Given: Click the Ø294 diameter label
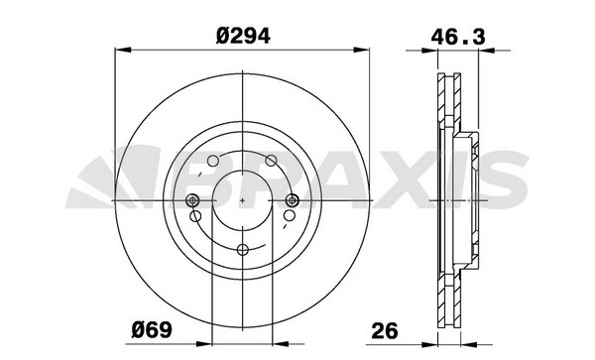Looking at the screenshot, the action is tap(243, 37).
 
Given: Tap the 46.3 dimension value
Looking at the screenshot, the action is tap(458, 38).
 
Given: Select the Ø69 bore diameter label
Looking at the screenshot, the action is tap(152, 329).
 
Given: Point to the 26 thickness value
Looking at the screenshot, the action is tap(385, 330).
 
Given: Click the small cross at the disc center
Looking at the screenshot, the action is tap(243, 200).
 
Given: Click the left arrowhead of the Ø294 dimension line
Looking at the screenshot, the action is tap(123, 50).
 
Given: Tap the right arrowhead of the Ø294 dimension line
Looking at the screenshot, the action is tap(361, 50).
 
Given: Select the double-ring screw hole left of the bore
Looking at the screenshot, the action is tap(192, 200).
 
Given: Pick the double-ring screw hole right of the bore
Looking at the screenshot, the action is tap(293, 200).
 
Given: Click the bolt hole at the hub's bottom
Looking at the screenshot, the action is tap(243, 249).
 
